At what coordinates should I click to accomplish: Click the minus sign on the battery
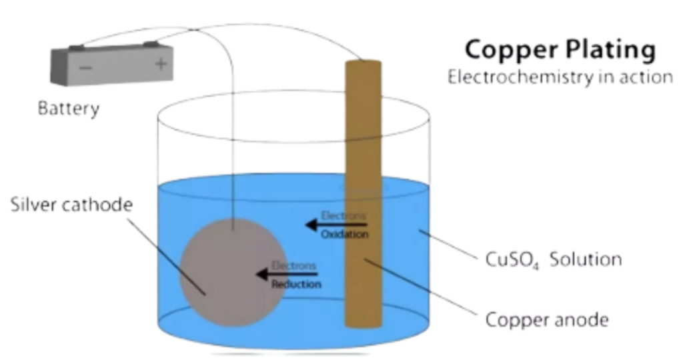click(x=85, y=68)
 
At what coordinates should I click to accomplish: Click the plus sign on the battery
click(x=161, y=64)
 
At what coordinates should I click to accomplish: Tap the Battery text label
click(x=69, y=108)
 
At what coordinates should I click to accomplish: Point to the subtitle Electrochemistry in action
click(x=560, y=77)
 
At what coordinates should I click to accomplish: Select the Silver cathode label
click(x=71, y=205)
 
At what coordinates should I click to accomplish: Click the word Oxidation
click(x=344, y=235)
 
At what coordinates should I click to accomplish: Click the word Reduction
click(x=296, y=285)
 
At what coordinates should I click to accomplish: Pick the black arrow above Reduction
click(x=287, y=274)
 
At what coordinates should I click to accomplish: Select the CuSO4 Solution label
click(x=554, y=259)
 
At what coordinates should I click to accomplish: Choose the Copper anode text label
click(x=547, y=320)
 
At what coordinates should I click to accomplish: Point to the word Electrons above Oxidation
click(x=344, y=215)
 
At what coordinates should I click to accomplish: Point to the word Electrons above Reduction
click(x=294, y=265)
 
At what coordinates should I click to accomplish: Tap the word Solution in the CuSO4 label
click(x=586, y=259)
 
